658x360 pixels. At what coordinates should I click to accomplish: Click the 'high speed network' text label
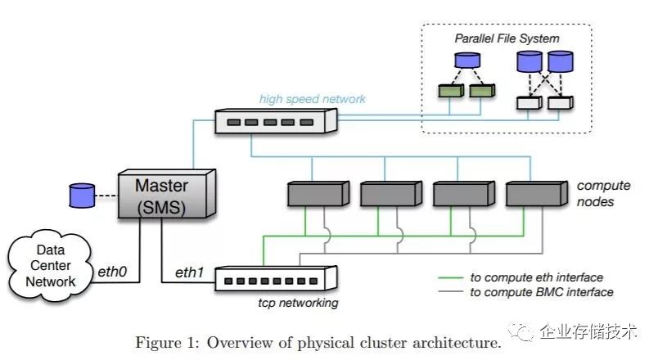coord(312,100)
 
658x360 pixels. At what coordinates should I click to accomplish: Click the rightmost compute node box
coord(536,193)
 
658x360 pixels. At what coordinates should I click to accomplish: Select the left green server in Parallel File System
coord(450,92)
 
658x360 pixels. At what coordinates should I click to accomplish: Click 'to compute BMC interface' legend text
coord(541,291)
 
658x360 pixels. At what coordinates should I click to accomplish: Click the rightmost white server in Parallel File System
coord(558,104)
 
